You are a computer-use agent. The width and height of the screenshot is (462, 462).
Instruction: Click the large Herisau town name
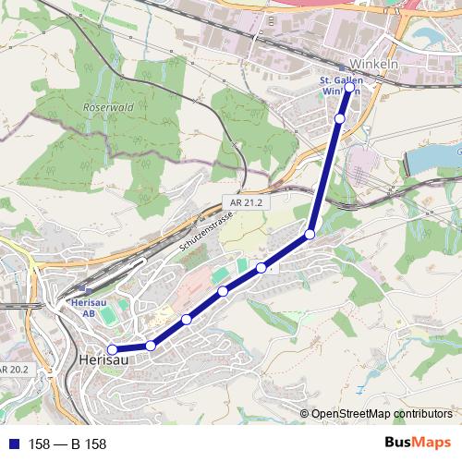pyautogui.click(x=101, y=359)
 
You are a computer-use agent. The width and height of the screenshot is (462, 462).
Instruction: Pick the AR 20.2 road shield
pyautogui.click(x=14, y=369)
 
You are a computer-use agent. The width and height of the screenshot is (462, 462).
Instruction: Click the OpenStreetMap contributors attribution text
pyautogui.click(x=382, y=414)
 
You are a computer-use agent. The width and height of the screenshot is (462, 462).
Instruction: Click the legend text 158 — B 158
pyautogui.click(x=67, y=444)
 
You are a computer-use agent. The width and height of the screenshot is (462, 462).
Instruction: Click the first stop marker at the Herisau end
pyautogui.click(x=112, y=349)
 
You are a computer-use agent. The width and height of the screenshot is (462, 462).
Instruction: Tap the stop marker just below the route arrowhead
pyautogui.click(x=340, y=118)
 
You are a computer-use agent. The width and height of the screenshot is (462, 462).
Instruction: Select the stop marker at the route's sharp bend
pyautogui.click(x=310, y=235)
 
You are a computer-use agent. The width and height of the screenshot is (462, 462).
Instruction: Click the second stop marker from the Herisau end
pyautogui.click(x=151, y=346)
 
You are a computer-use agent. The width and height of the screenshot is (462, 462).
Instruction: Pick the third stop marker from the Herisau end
pyautogui.click(x=187, y=320)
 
